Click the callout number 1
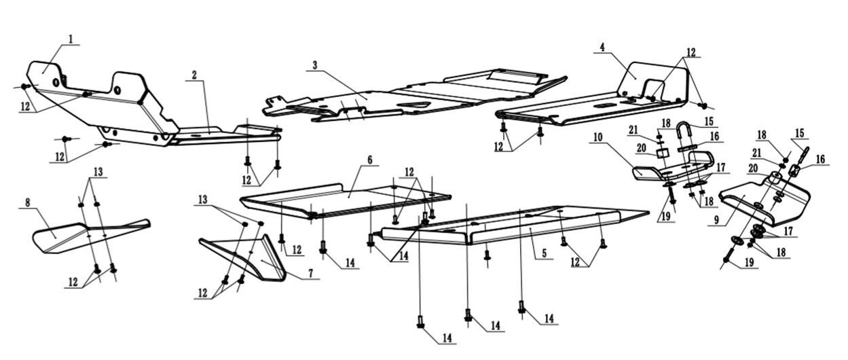[70, 39]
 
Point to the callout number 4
[602, 48]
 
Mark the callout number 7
[310, 273]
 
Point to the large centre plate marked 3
[407, 95]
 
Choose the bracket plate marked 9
[767, 204]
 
